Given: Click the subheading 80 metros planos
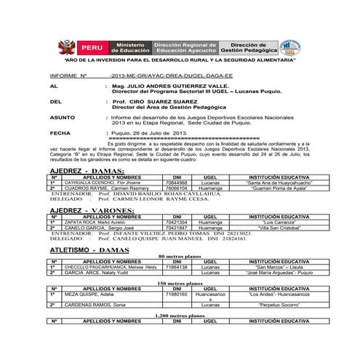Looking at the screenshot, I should coord(179,257).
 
